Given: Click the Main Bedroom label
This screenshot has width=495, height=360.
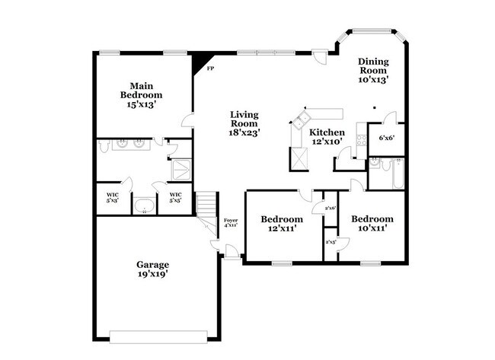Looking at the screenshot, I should [142, 95].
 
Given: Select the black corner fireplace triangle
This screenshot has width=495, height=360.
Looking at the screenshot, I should [200, 59].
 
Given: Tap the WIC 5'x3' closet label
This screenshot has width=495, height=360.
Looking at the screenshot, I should [113, 197].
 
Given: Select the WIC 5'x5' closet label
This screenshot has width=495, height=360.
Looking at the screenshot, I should [174, 197].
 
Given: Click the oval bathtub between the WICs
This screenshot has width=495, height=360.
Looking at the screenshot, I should [143, 204].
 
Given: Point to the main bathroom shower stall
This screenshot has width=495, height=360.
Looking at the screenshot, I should [181, 169].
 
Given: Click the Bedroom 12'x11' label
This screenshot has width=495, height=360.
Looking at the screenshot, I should [283, 223].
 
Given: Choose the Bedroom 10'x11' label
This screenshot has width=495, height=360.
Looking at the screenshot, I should [372, 223].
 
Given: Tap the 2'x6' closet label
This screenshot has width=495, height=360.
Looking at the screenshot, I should [331, 207].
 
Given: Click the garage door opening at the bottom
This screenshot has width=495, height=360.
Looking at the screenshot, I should [158, 336].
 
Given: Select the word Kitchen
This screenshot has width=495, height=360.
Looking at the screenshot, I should [327, 132].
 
